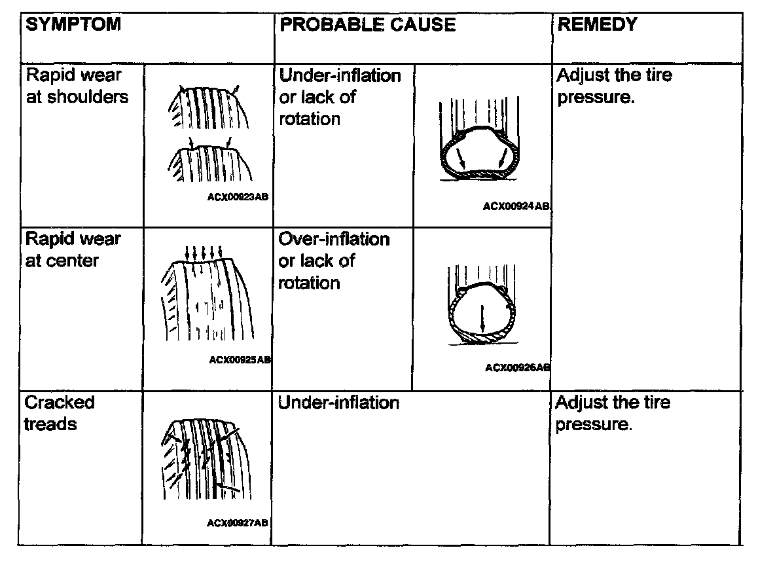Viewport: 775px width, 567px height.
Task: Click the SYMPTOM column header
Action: point(73,25)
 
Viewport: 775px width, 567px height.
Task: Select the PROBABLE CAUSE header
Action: point(367,25)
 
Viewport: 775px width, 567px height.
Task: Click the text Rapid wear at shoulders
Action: point(77,86)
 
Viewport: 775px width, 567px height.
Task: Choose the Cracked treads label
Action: point(60,413)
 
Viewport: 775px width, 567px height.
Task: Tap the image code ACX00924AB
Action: point(516,206)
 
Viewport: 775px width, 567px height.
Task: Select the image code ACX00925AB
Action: point(240,359)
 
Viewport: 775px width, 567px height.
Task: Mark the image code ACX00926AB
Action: point(517,368)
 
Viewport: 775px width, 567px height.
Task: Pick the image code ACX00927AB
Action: point(237,522)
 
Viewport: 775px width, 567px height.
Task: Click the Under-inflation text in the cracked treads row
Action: point(338,403)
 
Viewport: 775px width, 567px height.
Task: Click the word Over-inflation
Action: point(334,239)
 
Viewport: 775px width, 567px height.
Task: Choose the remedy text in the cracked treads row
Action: point(613,413)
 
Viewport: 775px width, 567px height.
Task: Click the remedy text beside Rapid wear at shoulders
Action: point(614,86)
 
